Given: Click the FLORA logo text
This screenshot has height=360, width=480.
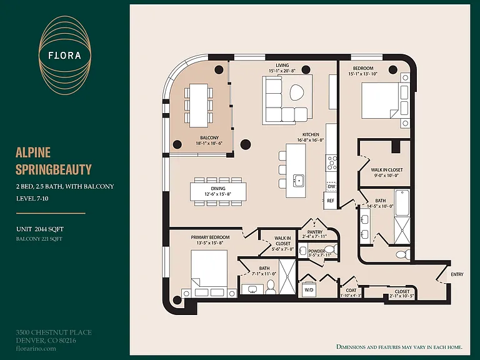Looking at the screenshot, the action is point(64,56).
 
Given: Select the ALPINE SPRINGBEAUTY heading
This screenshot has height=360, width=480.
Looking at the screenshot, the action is point(54,161).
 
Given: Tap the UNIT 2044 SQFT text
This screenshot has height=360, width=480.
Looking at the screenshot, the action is point(40,229).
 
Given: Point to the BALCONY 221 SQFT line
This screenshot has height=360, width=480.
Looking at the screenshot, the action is point(39,239).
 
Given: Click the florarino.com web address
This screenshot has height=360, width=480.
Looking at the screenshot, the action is point(36,348).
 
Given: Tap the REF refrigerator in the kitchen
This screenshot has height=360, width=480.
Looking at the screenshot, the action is point(330,201).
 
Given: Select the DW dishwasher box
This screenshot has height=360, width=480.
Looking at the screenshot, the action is point(331,186).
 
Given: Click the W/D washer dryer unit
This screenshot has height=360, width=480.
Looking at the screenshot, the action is point(309,289).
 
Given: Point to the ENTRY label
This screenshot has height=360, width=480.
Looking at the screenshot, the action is point(457,274).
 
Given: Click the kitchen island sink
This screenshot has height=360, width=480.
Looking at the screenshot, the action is point(298,180).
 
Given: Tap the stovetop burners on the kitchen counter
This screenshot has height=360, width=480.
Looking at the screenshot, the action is point(331,163).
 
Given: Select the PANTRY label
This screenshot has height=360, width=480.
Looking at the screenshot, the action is point(315,232).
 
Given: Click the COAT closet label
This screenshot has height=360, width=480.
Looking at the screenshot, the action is point(351,290).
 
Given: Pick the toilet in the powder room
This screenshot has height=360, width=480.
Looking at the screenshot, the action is point(331,249).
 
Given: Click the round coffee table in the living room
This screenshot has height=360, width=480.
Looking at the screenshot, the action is point(296,92).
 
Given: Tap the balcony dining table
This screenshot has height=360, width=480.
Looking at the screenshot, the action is point(199,105).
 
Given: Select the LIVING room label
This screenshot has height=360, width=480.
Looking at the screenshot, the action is point(282,65).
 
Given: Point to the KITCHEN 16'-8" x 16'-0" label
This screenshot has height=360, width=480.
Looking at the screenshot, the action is point(311,137).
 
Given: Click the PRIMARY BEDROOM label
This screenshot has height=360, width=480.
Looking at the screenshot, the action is point(210,237).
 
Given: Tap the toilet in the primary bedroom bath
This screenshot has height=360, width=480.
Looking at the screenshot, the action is point(270,286).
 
